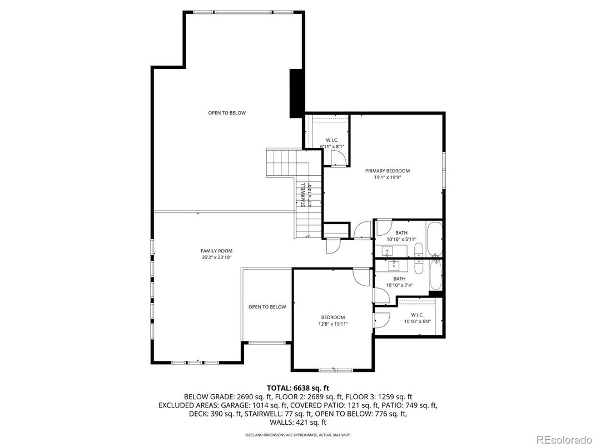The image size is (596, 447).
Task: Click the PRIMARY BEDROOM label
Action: pyautogui.click(x=387, y=171)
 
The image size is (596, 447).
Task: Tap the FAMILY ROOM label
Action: pyautogui.click(x=216, y=251)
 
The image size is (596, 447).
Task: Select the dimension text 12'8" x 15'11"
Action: pyautogui.click(x=333, y=324)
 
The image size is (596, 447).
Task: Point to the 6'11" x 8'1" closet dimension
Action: pyautogui.click(x=332, y=147)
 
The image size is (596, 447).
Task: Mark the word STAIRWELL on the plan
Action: pyautogui.click(x=303, y=195)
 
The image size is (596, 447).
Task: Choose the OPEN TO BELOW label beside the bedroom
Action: pyautogui.click(x=267, y=307)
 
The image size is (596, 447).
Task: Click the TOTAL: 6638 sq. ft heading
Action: pyautogui.click(x=297, y=388)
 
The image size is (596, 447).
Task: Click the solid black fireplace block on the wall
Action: pyautogui.click(x=296, y=93)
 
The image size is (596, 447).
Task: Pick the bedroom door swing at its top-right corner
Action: pyautogui.click(x=361, y=277)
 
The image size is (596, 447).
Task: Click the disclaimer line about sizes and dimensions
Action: pyautogui.click(x=297, y=434)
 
